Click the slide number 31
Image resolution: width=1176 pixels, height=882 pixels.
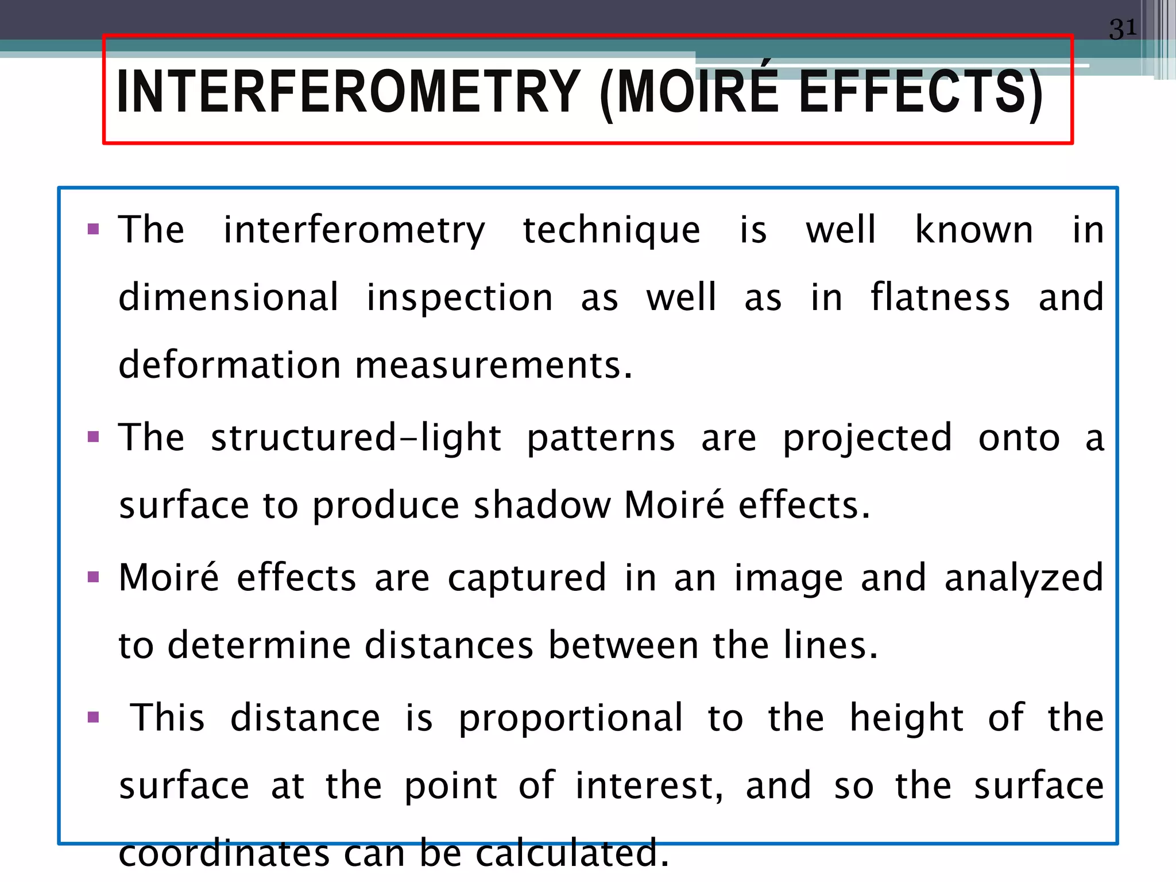pyautogui.click(x=1123, y=29)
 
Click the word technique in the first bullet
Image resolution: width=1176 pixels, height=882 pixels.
pyautogui.click(x=612, y=230)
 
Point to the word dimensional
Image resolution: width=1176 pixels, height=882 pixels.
pyautogui.click(x=229, y=297)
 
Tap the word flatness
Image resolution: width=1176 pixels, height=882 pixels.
pyautogui.click(x=940, y=297)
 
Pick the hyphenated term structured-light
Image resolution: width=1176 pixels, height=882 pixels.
pyautogui.click(x=356, y=438)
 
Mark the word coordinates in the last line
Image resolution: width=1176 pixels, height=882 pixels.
pyautogui.click(x=224, y=853)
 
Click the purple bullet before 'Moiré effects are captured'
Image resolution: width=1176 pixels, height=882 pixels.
pyautogui.click(x=94, y=577)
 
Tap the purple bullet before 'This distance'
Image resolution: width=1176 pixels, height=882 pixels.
pyautogui.click(x=94, y=717)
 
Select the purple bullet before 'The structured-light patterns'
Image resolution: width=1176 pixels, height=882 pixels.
pyautogui.click(x=94, y=438)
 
